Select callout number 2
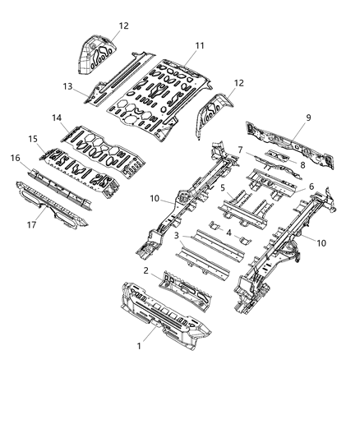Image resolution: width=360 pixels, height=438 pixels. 146,270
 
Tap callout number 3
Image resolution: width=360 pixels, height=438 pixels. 176,237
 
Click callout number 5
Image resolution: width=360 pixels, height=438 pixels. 223,187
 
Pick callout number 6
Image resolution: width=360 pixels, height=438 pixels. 310,188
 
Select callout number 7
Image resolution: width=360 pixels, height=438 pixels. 239,150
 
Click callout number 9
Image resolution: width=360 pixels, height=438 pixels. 307,118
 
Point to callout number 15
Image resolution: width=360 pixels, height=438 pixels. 34,139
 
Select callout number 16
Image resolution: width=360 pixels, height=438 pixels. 16,156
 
